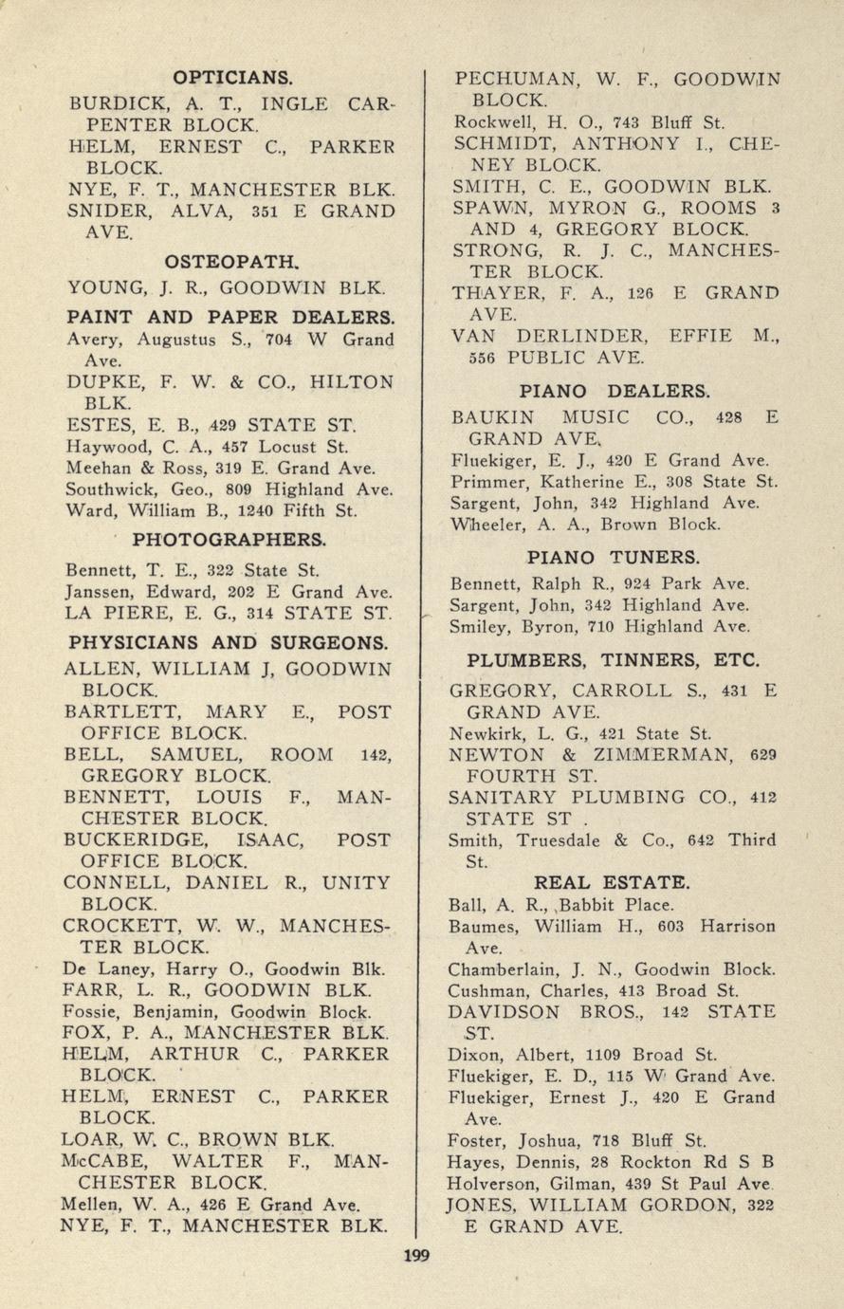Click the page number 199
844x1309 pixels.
pyautogui.click(x=416, y=1256)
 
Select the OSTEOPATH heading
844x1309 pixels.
pyautogui.click(x=231, y=259)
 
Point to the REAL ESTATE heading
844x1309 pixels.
pyautogui.click(x=612, y=882)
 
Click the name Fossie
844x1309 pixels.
pyautogui.click(x=94, y=1011)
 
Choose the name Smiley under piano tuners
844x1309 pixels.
pyautogui.click(x=479, y=627)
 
